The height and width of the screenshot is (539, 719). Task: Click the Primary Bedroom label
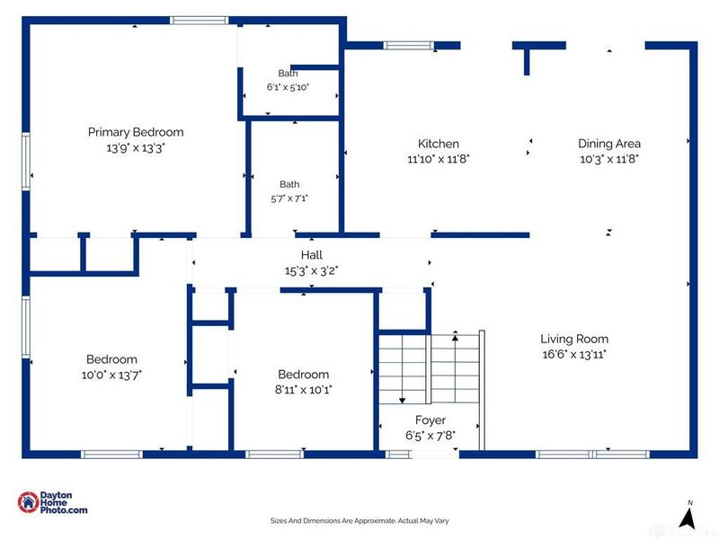tap(136, 132)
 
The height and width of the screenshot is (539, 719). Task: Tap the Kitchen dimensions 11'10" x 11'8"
tap(439, 159)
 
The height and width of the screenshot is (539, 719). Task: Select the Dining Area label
tap(609, 144)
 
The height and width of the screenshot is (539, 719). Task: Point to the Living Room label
tap(574, 339)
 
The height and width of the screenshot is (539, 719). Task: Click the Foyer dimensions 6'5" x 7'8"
tap(431, 435)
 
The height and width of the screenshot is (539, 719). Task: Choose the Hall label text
tap(311, 255)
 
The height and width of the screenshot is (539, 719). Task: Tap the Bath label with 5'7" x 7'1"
tap(289, 184)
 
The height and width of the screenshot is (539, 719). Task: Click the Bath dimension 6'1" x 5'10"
tap(288, 87)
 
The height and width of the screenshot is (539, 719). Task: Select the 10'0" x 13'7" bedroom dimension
tap(111, 375)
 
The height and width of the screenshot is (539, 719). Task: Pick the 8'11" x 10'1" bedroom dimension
tap(303, 390)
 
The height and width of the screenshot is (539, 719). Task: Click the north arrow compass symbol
tap(688, 516)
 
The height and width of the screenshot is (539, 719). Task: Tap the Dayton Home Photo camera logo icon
tap(28, 502)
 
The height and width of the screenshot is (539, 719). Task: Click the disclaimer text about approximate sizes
tap(359, 521)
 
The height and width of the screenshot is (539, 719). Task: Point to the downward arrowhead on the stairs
tap(402, 401)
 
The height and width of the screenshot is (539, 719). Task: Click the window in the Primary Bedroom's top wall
tap(200, 20)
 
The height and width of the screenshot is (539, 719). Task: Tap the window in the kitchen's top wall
tap(409, 46)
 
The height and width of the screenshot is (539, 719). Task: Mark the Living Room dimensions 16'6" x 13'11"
tap(574, 354)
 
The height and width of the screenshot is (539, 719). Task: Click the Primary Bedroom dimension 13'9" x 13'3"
tap(136, 148)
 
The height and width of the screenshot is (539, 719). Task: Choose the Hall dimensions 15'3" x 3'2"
tap(311, 271)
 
